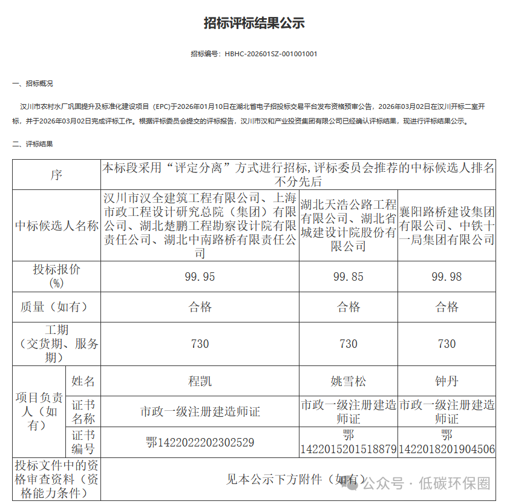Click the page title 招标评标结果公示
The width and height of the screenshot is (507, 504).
253,24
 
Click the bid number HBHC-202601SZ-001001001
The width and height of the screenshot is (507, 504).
270,54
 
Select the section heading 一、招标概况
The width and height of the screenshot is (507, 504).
33,83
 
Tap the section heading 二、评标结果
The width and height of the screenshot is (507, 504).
33,144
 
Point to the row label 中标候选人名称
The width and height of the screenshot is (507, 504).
56,226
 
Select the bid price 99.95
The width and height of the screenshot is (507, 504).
200,277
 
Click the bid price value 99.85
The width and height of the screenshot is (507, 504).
348,277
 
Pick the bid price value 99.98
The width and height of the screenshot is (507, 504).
446,277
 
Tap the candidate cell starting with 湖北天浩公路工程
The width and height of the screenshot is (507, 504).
348,225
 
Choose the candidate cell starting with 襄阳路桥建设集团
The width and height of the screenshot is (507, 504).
446,226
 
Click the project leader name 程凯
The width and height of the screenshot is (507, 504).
200,382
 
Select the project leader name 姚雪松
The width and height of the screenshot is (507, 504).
348,382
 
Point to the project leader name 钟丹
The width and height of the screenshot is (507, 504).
446,382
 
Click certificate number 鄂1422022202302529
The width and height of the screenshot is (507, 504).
200,442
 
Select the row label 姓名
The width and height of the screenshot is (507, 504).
83,382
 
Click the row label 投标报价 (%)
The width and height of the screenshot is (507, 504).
56,277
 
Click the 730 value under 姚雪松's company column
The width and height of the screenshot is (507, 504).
348,344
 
